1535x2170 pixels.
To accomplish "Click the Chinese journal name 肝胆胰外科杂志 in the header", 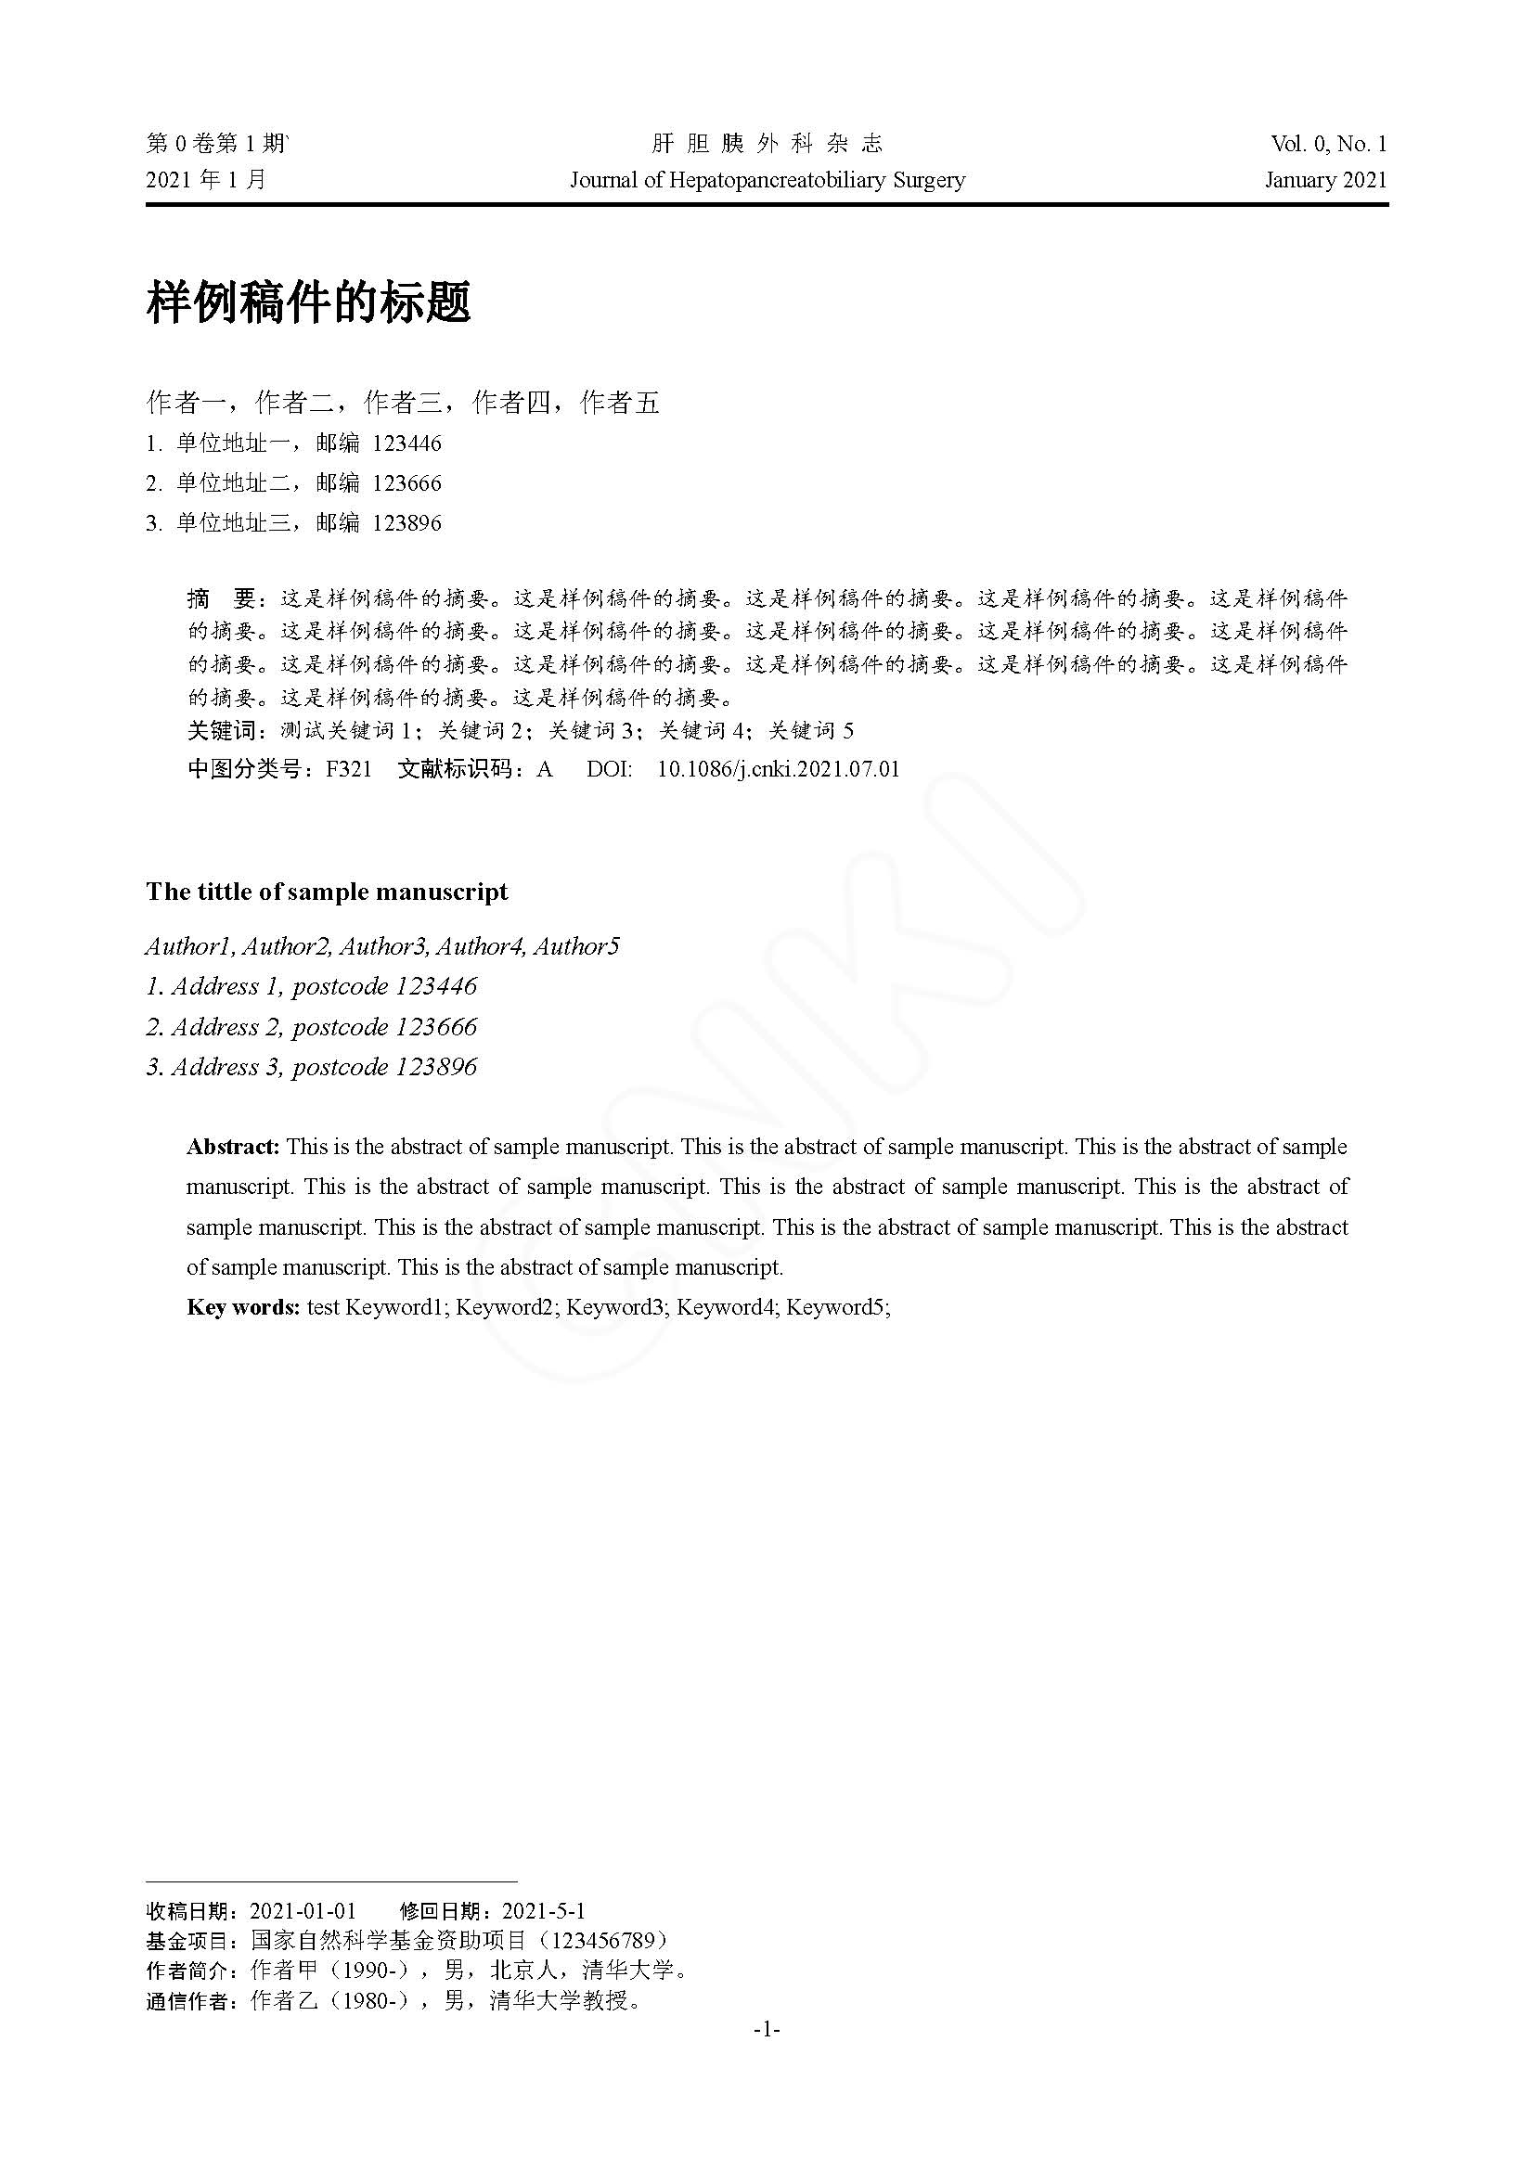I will coord(767,144).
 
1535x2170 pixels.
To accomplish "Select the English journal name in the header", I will coord(767,180).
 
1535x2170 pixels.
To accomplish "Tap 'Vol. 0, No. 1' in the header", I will coord(1328,144).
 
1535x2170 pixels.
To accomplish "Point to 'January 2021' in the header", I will coord(1325,180).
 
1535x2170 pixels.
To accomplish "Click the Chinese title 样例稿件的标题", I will coord(308,303).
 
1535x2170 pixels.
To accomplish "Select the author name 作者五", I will coord(620,404).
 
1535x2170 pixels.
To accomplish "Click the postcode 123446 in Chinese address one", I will coord(406,443).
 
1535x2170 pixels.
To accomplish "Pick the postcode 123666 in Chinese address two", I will coord(406,483).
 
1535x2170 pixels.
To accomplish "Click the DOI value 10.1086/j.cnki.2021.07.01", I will coord(778,769).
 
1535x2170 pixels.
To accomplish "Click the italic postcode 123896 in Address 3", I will coord(436,1067).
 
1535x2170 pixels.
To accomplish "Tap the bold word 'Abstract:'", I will coord(233,1147).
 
